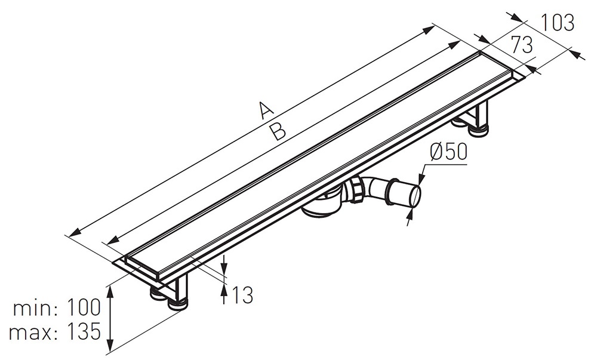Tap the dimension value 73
click(x=522, y=45)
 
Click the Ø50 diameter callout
click(x=448, y=152)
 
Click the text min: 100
click(x=57, y=307)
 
